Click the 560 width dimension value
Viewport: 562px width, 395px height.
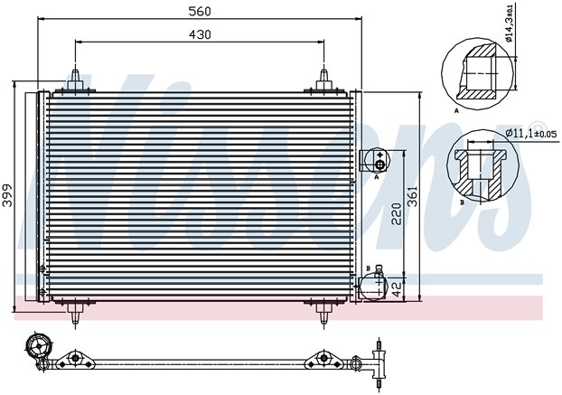(200, 11)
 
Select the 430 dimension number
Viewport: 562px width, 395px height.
(200, 34)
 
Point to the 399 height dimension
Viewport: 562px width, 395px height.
(7, 195)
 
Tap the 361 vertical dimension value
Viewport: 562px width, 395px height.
(413, 196)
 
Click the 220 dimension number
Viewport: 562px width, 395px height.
(397, 213)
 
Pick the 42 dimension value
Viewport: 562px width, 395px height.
(397, 288)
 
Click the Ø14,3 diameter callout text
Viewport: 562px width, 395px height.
(510, 23)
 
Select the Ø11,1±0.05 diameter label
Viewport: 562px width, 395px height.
(530, 134)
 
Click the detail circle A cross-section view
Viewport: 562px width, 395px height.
(477, 73)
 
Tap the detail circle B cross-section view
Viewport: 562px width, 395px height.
(482, 165)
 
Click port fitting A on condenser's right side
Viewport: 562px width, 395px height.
(375, 161)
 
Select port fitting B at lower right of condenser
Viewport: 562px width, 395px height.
(373, 286)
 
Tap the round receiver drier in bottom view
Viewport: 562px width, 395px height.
(39, 346)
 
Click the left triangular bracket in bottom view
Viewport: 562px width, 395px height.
(75, 359)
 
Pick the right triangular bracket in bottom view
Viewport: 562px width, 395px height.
(323, 359)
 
